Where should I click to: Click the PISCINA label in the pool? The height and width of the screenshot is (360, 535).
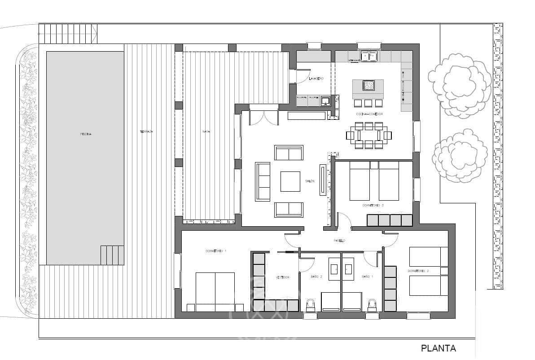[86, 134]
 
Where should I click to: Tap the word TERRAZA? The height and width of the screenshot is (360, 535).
[146, 132]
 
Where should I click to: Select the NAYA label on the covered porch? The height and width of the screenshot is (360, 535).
[206, 132]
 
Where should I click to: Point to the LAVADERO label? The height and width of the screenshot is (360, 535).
[316, 79]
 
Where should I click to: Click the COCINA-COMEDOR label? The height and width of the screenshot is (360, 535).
[369, 114]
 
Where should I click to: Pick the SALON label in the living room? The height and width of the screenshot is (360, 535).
[310, 181]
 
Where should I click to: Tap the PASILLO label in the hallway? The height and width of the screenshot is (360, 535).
[339, 241]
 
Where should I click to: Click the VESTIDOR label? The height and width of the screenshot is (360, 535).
[282, 277]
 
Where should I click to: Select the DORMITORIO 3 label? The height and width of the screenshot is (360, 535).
[373, 206]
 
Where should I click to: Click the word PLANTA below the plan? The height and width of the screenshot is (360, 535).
[438, 348]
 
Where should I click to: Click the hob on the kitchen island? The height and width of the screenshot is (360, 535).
[368, 85]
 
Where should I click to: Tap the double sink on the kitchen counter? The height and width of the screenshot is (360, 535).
[369, 56]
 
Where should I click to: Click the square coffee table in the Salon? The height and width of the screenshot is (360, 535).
[290, 181]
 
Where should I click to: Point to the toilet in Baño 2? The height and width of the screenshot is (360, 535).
[310, 305]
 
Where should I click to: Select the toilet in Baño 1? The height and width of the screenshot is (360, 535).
[372, 305]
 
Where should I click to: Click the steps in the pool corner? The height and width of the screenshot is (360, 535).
[112, 255]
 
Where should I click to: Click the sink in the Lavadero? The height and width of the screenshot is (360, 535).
[326, 100]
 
